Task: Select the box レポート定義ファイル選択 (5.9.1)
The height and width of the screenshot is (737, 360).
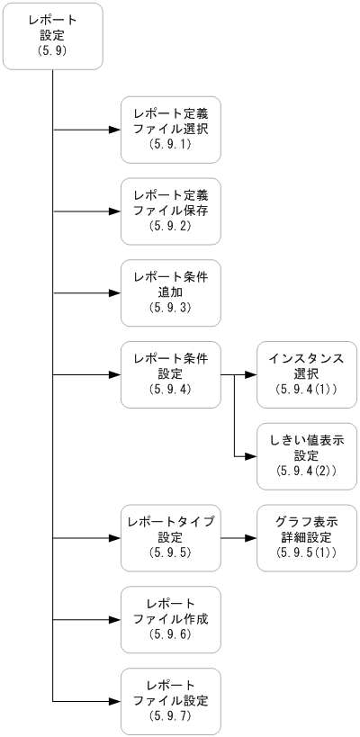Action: click(171, 130)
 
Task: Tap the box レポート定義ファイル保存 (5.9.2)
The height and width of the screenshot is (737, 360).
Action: click(171, 211)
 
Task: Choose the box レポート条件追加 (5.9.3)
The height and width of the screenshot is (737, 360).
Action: click(171, 292)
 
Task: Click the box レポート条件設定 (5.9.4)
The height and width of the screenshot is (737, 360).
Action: click(171, 374)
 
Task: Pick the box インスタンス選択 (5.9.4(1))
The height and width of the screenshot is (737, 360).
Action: click(306, 374)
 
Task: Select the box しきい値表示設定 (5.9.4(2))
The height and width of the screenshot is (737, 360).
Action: click(306, 456)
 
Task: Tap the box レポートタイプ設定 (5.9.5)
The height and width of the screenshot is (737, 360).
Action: click(171, 538)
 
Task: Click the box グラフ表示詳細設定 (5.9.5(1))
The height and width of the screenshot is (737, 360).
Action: click(306, 538)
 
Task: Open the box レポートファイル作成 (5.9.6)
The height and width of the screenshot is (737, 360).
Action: click(171, 619)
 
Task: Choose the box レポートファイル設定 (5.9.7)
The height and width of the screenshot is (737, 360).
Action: click(171, 701)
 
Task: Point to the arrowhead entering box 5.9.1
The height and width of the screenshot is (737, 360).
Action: click(115, 130)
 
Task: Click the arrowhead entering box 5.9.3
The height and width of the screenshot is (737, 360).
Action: click(115, 292)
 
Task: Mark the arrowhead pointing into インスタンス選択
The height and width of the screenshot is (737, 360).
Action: click(250, 374)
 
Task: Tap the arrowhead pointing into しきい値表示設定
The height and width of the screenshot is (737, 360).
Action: click(250, 456)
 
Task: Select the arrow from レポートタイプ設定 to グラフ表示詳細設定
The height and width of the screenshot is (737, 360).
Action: click(238, 538)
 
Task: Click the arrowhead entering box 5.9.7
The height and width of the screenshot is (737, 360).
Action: click(115, 701)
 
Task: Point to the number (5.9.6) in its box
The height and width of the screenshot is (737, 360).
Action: click(171, 634)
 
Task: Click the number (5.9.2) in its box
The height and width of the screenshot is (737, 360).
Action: click(171, 227)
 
